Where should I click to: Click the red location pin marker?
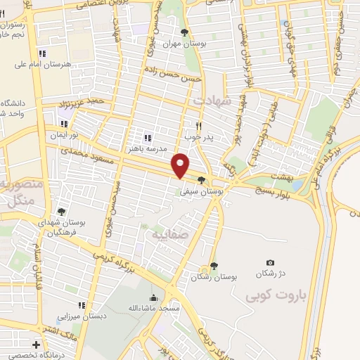point(181,165)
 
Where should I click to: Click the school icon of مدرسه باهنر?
point(148,138)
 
